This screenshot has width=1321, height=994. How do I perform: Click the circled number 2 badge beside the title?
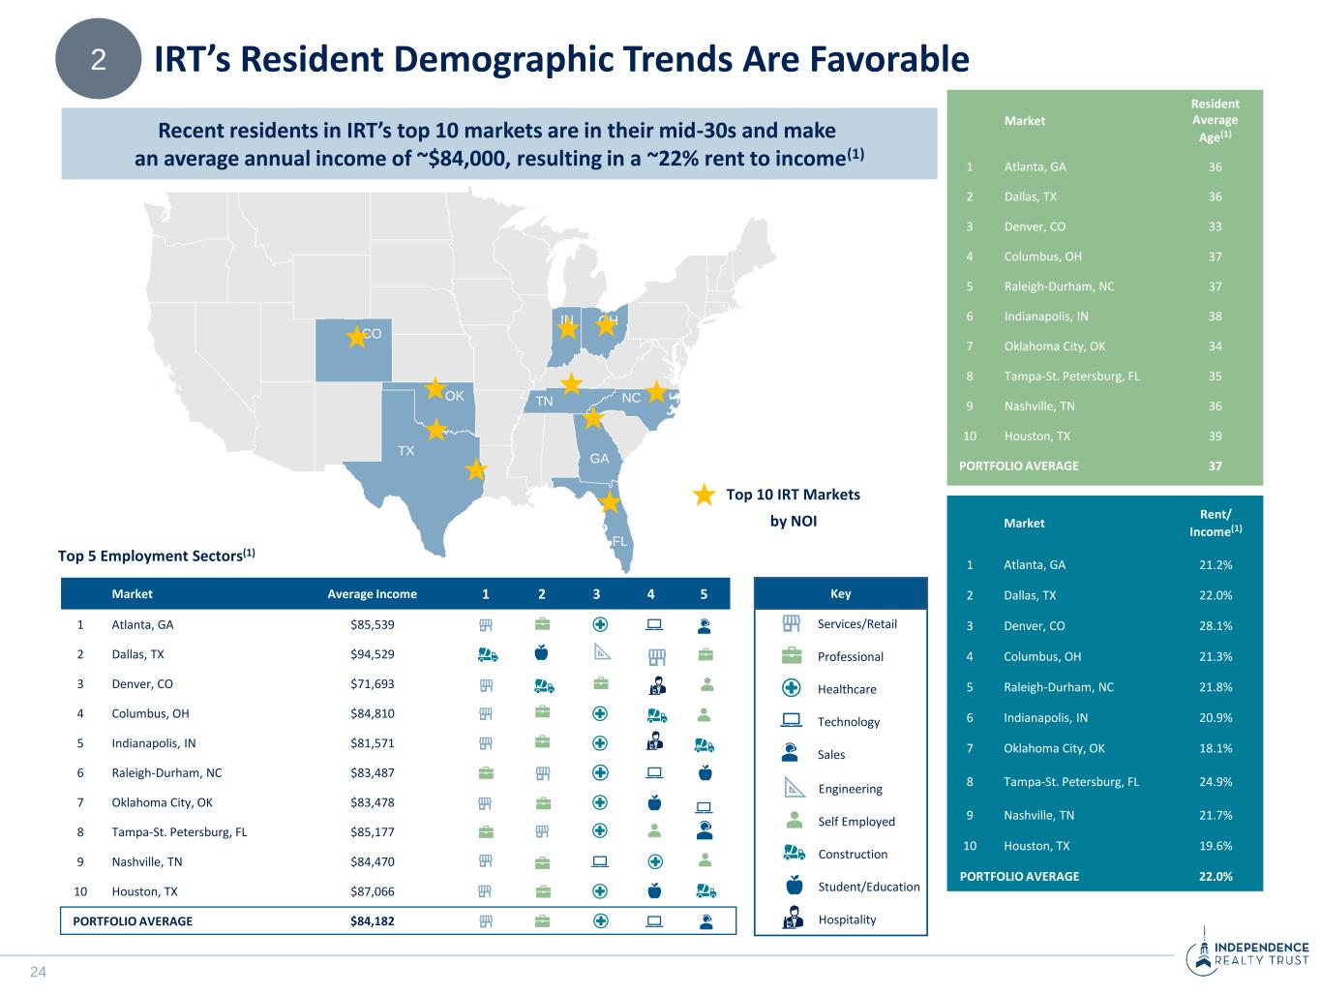point(98,60)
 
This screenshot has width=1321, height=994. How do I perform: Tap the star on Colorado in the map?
point(357,336)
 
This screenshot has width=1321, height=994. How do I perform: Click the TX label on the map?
point(405,451)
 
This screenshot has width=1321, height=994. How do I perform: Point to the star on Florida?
point(609,501)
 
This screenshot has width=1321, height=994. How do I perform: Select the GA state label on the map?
point(600,459)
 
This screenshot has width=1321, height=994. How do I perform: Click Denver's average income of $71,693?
point(372,684)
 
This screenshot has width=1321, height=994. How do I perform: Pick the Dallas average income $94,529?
point(372,654)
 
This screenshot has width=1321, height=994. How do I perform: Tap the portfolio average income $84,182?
point(372,921)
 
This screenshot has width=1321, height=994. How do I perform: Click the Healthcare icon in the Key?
point(792,689)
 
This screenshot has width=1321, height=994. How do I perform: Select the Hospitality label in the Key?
point(847,919)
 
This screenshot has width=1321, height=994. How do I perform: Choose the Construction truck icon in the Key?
point(794,854)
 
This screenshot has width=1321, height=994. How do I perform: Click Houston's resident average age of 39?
point(1215,437)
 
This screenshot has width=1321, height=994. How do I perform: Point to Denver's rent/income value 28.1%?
point(1216,626)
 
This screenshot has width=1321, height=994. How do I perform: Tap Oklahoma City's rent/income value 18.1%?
point(1216,748)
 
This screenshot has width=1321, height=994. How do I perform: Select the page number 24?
point(39,972)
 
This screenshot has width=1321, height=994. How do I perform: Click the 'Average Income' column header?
point(372,594)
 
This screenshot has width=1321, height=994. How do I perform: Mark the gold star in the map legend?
point(705,495)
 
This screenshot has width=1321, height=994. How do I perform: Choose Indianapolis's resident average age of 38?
point(1215,316)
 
